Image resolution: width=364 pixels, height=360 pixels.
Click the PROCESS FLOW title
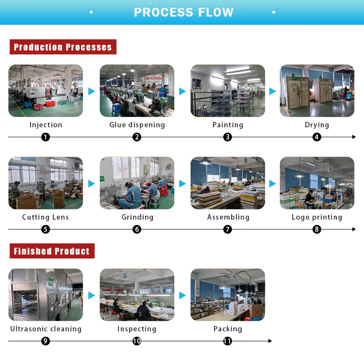183,13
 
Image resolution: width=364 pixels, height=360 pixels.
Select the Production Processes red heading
63,47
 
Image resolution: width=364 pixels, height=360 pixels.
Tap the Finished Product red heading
51,251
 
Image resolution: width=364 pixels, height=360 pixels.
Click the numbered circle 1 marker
46,137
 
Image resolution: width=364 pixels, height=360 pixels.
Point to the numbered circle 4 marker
317,137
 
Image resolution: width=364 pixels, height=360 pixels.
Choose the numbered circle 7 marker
228,229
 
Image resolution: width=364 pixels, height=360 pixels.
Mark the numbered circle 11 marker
228,341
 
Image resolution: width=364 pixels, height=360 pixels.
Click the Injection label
46,125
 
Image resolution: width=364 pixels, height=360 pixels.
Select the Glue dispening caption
137,125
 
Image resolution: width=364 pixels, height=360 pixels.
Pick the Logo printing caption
317,217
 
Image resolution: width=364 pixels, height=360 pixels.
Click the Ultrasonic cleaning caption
46,329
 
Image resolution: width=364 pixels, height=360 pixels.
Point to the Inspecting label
137,329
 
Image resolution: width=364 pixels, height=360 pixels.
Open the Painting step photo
228,91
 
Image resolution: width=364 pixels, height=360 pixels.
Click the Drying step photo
317,91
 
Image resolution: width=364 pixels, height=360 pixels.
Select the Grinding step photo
137,183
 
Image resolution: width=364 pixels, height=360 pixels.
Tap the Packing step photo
228,295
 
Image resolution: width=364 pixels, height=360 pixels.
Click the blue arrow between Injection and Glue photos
91,91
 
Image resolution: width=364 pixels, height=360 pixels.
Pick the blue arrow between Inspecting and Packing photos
182,295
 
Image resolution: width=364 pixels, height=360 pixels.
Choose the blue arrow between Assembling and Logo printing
272,184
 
